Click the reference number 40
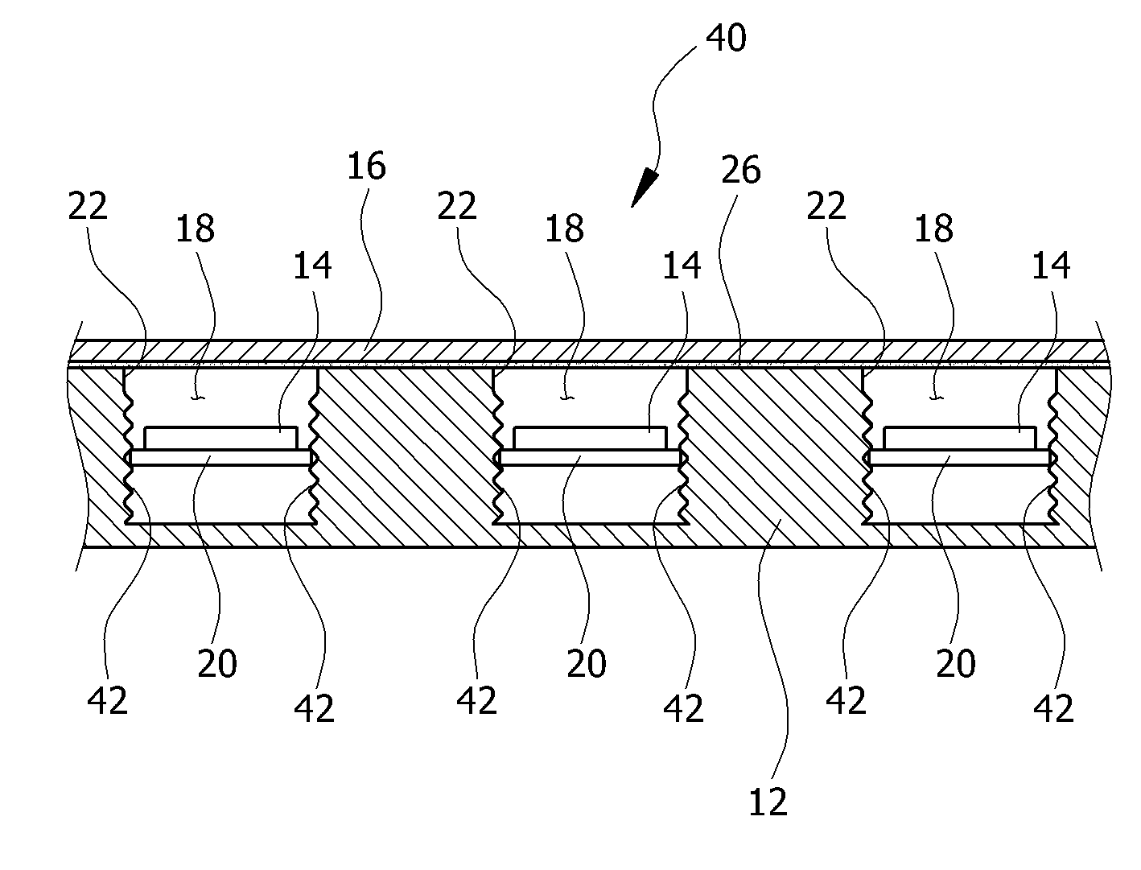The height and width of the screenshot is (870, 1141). (x=726, y=38)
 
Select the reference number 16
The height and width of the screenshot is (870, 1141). (x=366, y=166)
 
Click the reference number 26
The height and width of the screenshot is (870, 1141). (x=741, y=170)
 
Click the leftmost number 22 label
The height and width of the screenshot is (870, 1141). (x=88, y=206)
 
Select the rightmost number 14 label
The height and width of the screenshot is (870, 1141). (x=1051, y=266)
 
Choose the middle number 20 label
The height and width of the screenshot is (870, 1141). (x=587, y=663)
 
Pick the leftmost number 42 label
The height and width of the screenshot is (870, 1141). (x=107, y=700)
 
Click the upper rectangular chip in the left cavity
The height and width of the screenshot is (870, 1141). (x=220, y=438)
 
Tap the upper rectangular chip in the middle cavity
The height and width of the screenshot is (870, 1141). (x=590, y=438)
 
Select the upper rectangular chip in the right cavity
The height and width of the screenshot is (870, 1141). (x=959, y=438)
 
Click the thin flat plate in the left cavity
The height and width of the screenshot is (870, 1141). (x=220, y=457)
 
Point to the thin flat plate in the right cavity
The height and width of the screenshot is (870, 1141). (x=959, y=457)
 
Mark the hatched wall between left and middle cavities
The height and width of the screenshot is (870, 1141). (x=405, y=446)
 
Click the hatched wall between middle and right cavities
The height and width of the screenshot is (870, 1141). (x=775, y=446)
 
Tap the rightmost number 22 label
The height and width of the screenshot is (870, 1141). (x=826, y=206)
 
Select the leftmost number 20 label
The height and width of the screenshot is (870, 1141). (x=217, y=663)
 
